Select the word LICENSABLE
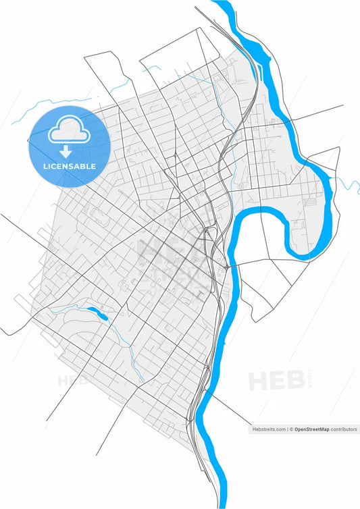[70, 166]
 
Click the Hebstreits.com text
[268, 429]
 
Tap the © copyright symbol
[292, 429]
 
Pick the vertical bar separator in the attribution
[287, 429]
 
